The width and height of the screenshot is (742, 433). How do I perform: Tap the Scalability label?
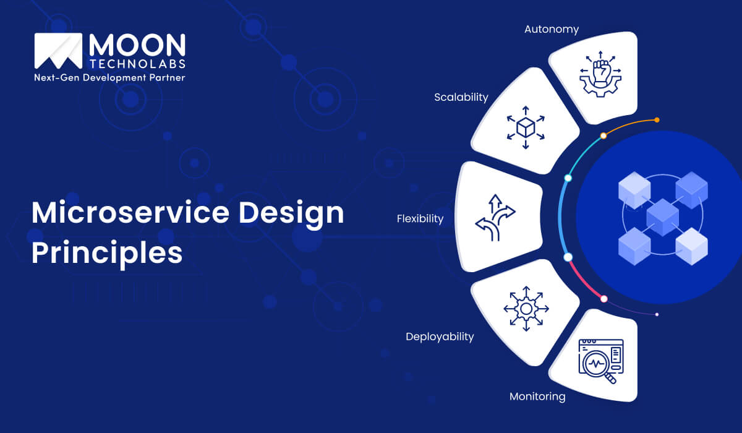(461, 97)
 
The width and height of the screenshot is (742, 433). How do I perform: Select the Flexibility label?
(420, 218)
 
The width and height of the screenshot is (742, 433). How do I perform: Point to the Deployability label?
(440, 337)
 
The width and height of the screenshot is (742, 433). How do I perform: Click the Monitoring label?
(537, 396)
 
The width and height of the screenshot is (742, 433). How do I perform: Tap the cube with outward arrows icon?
(526, 129)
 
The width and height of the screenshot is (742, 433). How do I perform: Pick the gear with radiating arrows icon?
(526, 307)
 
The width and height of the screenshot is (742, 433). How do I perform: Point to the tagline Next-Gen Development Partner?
(109, 78)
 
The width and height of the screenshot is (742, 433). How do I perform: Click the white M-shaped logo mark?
(59, 51)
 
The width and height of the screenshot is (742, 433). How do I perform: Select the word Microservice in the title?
(126, 213)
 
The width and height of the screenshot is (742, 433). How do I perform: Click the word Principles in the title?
(107, 253)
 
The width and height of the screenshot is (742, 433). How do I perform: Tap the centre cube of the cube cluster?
(662, 216)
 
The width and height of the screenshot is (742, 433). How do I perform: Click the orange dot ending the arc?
(657, 120)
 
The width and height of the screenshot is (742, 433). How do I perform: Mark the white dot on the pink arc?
(604, 299)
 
